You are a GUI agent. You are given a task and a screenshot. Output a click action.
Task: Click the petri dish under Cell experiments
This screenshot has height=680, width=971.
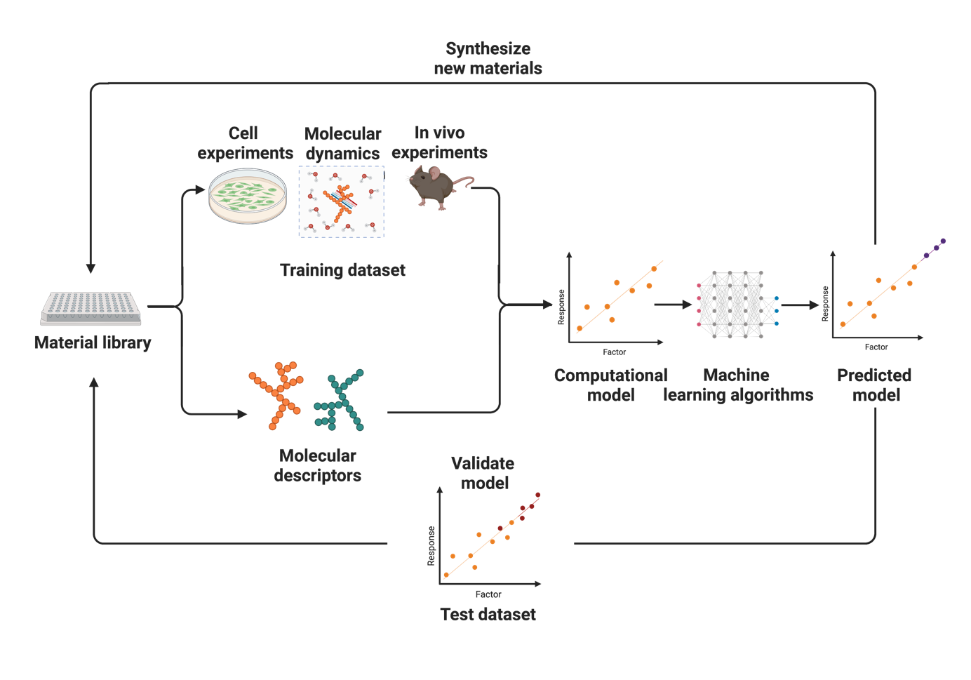[x=248, y=196]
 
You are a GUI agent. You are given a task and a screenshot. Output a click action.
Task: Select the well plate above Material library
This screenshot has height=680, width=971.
[x=91, y=308]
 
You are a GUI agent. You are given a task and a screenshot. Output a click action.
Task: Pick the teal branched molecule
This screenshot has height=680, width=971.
[x=340, y=400]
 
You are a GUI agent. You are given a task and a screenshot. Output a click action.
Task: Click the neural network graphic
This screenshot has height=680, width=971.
[x=738, y=305]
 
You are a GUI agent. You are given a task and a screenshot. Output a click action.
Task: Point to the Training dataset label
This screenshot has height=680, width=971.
[x=342, y=270]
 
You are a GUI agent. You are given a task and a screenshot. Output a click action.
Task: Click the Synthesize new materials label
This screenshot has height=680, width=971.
[x=488, y=58]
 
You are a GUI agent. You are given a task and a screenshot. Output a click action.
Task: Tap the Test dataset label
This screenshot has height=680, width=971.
[x=488, y=615]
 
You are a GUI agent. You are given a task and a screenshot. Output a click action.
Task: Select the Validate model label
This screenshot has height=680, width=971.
[x=483, y=473]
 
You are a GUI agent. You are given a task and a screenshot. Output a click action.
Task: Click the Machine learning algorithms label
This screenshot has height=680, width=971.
[x=738, y=385]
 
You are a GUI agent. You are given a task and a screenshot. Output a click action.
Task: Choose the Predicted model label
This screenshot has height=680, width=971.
[x=875, y=385]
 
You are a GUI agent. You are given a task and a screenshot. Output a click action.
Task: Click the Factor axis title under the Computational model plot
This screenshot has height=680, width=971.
[x=615, y=352]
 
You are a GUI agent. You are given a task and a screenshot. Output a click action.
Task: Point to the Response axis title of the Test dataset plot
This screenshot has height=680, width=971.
[x=431, y=546]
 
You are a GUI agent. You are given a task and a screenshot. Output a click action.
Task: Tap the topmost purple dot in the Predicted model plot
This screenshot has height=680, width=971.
[x=943, y=241]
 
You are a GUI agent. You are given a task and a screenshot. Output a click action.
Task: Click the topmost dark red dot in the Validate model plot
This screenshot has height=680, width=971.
[x=538, y=495]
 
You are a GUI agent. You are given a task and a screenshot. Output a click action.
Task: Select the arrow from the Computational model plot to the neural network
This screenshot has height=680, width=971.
[x=673, y=305]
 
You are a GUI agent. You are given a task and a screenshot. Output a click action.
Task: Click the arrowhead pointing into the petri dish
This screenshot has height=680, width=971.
[x=200, y=189]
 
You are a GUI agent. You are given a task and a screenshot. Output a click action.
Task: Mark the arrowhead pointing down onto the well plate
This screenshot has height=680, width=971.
[x=91, y=268]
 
